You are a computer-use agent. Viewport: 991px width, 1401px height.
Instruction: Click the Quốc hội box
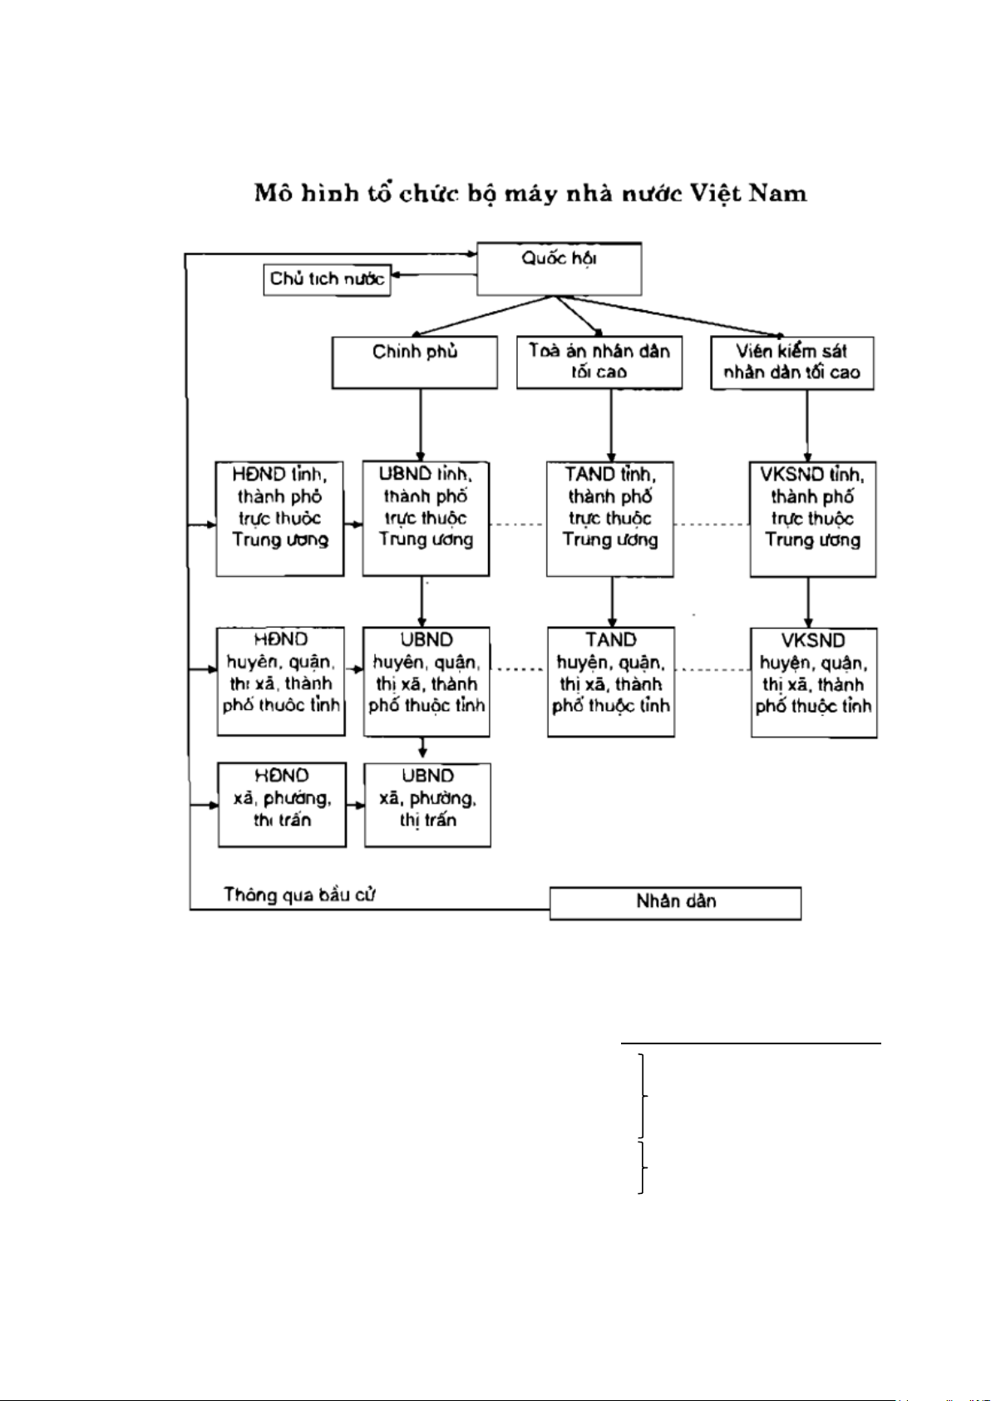(x=559, y=269)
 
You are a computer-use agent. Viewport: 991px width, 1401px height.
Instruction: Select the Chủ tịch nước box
(x=327, y=279)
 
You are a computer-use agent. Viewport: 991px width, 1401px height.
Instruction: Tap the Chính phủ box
(x=415, y=362)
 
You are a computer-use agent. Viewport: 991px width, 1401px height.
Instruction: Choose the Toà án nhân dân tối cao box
(x=599, y=363)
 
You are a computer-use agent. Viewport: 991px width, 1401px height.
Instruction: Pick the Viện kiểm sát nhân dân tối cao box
(x=791, y=363)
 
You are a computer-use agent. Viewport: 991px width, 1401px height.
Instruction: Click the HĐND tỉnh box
(x=280, y=519)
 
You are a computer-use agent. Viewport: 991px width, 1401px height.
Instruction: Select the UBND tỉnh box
(x=426, y=519)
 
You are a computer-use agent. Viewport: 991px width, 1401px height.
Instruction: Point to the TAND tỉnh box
(x=610, y=519)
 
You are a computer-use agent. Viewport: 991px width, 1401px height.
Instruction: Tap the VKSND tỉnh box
(x=813, y=519)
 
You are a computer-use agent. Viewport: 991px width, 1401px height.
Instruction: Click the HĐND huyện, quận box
(x=281, y=681)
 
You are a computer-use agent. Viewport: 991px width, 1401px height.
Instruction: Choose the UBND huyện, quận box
(x=426, y=682)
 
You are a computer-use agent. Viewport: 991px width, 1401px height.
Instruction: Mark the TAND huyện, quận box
(x=611, y=682)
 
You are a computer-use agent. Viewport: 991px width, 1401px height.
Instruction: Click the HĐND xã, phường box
(x=282, y=805)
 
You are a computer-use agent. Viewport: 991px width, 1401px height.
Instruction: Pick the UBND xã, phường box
(x=427, y=805)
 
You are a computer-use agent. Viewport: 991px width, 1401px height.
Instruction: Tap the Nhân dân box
(x=675, y=903)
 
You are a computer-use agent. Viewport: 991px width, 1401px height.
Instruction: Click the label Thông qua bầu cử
(x=299, y=895)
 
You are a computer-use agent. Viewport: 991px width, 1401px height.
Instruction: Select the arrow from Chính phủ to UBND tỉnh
(x=421, y=425)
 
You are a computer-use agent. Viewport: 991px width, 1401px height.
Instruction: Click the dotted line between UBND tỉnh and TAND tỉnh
(x=517, y=525)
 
